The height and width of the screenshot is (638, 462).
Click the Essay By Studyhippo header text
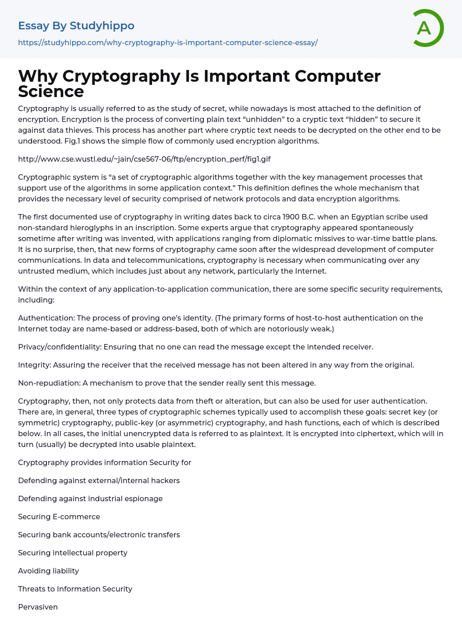coord(76,26)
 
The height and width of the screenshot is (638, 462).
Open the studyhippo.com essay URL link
coord(168,42)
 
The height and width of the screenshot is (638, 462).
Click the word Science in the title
coord(51,92)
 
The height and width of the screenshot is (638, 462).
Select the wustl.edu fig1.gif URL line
coord(144,159)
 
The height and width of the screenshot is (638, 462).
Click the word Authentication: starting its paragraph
coord(46,318)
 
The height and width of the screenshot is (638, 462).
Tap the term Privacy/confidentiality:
coord(60,347)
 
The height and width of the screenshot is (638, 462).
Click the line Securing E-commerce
coord(59,517)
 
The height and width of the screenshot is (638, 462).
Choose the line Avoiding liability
coord(48,571)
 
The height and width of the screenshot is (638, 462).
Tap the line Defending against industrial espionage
coord(90,498)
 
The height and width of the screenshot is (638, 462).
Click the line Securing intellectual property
coord(73,553)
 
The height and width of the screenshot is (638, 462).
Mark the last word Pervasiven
coord(38,607)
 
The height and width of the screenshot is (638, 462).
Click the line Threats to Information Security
coord(75,589)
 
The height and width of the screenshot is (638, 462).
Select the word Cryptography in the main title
coord(121,76)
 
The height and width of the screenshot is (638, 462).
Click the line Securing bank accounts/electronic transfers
coord(99,535)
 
